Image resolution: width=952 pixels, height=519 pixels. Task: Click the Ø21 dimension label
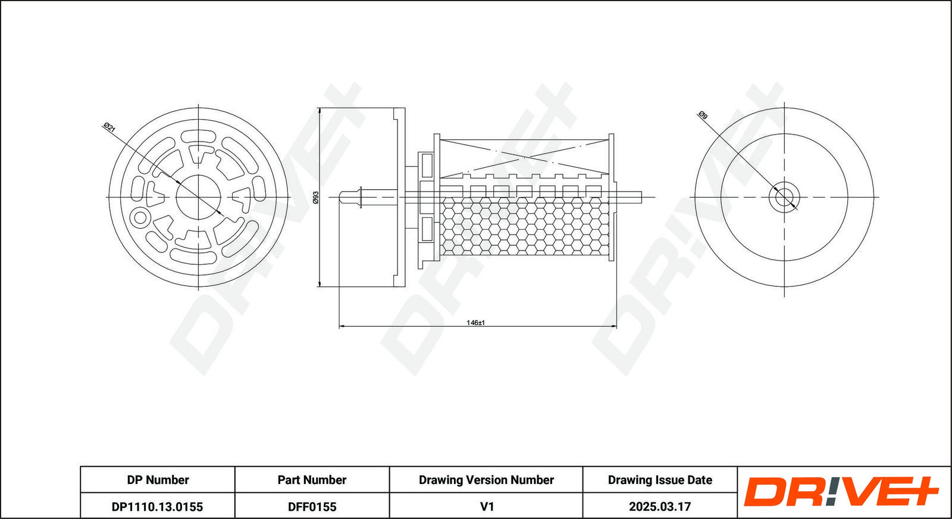pyautogui.click(x=109, y=127)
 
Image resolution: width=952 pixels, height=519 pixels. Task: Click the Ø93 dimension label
pyautogui.click(x=316, y=197)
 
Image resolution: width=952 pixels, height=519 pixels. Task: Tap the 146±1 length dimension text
pyautogui.click(x=475, y=323)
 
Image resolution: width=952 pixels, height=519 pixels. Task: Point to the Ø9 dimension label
pyautogui.click(x=703, y=115)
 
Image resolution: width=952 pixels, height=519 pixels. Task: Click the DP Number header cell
pyautogui.click(x=158, y=480)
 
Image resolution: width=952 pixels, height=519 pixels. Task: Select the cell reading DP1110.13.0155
pyautogui.click(x=158, y=507)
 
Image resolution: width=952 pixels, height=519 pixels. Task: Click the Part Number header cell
pyautogui.click(x=312, y=480)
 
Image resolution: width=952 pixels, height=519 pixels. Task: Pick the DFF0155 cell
pyautogui.click(x=312, y=507)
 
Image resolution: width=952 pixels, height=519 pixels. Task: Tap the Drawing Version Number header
pyautogui.click(x=486, y=480)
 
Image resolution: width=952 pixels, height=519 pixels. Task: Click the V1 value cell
pyautogui.click(x=486, y=507)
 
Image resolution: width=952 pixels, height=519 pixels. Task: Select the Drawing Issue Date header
pyautogui.click(x=660, y=480)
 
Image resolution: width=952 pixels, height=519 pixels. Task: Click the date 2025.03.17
pyautogui.click(x=660, y=507)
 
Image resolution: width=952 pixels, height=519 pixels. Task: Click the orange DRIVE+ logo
pyautogui.click(x=841, y=492)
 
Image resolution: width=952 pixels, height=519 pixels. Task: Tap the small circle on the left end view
pyautogui.click(x=139, y=217)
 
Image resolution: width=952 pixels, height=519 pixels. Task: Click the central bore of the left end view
pyautogui.click(x=199, y=197)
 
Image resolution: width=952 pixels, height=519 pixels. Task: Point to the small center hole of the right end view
pyautogui.click(x=784, y=197)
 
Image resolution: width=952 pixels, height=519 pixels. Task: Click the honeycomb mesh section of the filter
pyautogui.click(x=524, y=226)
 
